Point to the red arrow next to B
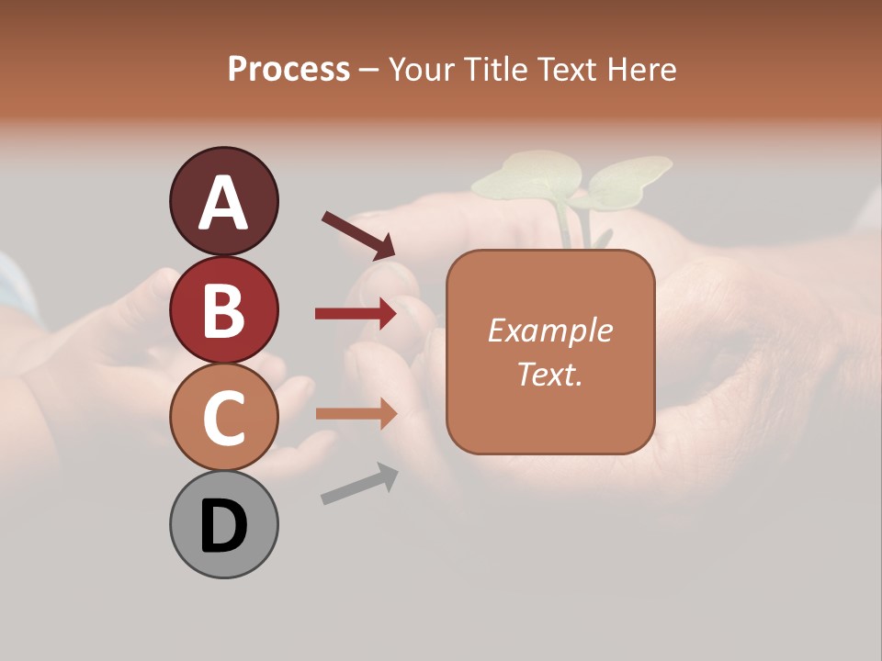tap(356, 314)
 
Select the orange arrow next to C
tap(356, 414)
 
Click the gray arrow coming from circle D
tap(359, 484)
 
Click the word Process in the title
tap(288, 69)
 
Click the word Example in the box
tap(549, 330)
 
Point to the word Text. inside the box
tap(549, 374)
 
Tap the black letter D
tap(223, 527)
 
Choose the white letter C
tap(223, 419)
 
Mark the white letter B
tap(223, 311)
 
